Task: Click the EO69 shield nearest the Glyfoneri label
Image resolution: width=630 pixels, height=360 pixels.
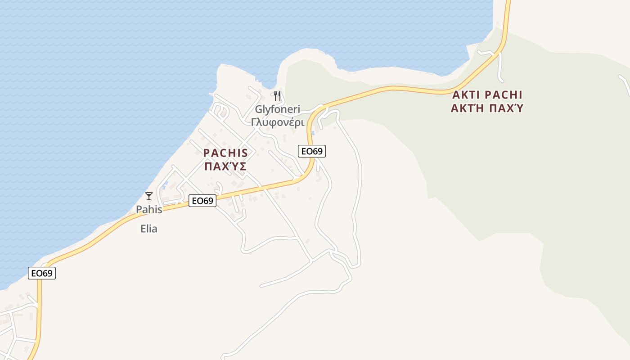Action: point(311,151)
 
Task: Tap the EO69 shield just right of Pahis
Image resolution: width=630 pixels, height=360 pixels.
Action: point(202,201)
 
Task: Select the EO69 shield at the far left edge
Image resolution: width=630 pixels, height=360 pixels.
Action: point(42,273)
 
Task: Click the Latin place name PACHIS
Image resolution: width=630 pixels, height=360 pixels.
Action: point(225,153)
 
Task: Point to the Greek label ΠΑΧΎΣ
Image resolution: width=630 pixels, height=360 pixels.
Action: point(225,166)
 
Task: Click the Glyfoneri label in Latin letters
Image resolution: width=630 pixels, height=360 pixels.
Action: point(277,109)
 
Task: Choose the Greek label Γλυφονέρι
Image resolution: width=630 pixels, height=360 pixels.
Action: point(278,122)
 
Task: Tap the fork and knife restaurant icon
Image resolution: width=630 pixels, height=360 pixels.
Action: point(277,95)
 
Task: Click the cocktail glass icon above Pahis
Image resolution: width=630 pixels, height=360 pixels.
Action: point(149,196)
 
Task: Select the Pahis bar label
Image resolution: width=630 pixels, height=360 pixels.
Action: point(149,209)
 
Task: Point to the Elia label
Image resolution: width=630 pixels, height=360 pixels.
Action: point(149,229)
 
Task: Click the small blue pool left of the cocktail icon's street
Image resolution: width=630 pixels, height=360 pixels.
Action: point(166,184)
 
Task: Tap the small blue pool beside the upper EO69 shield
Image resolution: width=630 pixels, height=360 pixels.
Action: point(313,133)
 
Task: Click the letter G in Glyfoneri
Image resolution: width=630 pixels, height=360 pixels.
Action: point(259,109)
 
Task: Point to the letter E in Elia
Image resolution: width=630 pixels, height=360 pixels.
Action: point(143,229)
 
